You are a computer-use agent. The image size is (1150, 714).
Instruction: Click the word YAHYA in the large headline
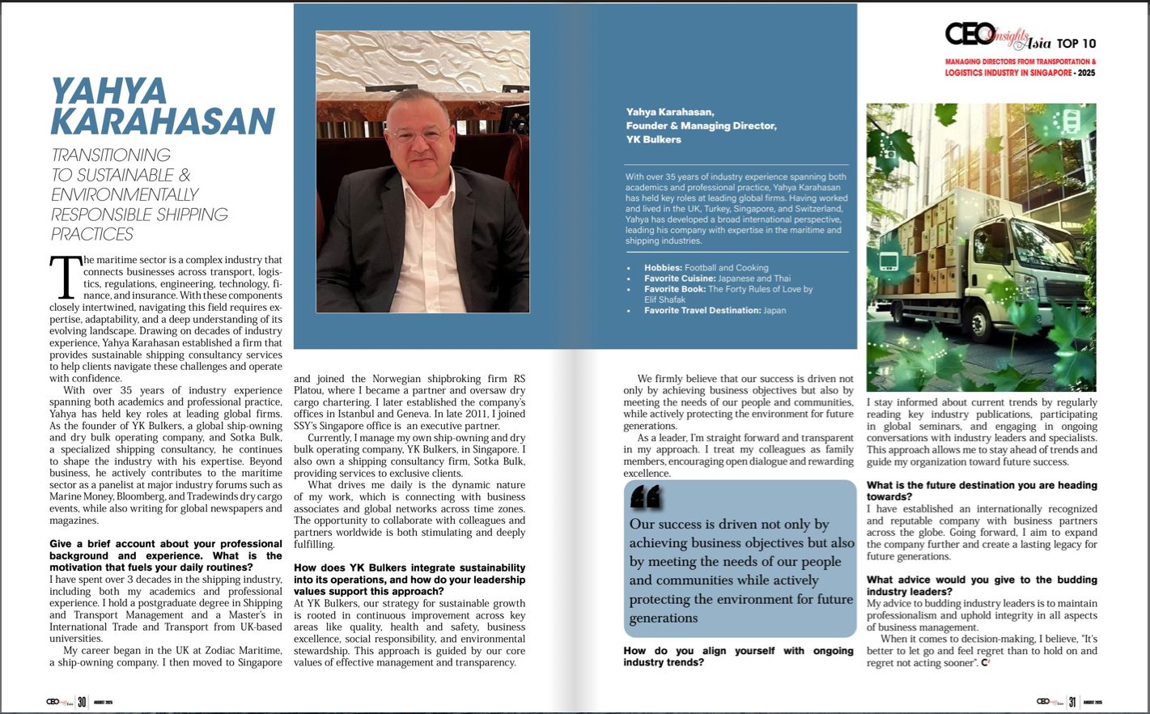(108, 91)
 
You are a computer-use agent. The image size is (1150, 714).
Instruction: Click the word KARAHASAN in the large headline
(163, 121)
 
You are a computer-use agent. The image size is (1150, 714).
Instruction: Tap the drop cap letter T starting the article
(66, 277)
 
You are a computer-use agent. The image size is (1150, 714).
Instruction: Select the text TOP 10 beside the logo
(1076, 44)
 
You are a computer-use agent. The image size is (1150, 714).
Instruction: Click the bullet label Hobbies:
(664, 268)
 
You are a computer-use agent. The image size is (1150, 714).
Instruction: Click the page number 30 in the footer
(82, 702)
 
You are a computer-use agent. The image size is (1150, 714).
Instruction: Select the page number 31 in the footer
(1071, 702)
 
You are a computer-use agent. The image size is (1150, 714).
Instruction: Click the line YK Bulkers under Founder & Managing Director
(653, 139)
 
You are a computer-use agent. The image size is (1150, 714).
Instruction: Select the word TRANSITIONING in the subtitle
(111, 155)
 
